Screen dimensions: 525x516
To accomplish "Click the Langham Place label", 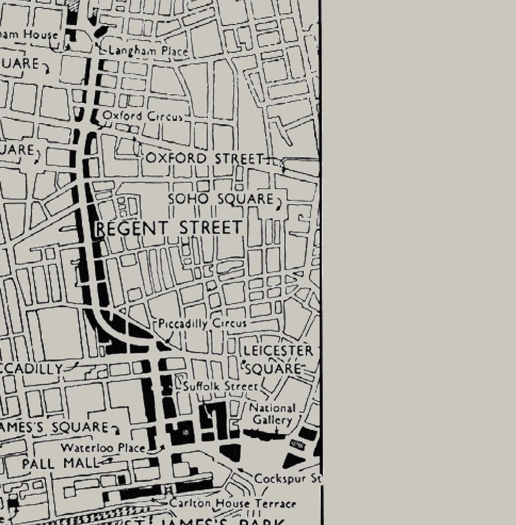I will tap(148, 51).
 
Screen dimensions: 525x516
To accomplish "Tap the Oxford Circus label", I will tap(143, 116).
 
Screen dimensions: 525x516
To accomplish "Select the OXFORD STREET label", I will tap(204, 159).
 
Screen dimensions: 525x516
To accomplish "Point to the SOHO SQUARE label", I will tap(220, 199).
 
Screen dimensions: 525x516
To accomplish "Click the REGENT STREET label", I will tap(169, 228).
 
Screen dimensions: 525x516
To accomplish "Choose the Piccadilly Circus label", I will tap(202, 324).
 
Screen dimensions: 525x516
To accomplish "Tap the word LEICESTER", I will tap(278, 351).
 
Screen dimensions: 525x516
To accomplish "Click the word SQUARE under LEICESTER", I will tap(273, 369).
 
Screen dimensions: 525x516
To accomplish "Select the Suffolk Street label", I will tap(220, 387).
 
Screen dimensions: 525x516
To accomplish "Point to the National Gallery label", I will tap(272, 414).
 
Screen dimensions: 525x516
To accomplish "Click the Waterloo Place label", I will tap(103, 448).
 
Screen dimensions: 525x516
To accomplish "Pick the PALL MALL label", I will tap(60, 464).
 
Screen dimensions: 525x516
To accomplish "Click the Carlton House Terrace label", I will tap(233, 503).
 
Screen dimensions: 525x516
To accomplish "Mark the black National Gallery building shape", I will tap(265, 435).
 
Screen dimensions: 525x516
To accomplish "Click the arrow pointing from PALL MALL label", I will tap(107, 462).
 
